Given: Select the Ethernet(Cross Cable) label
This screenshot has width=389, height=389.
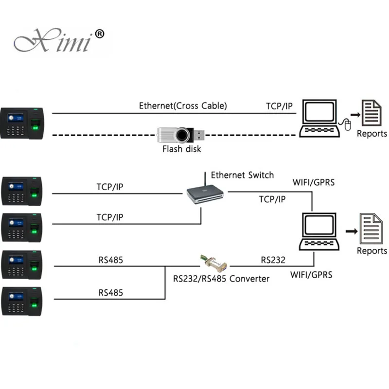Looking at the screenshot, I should click(183, 106).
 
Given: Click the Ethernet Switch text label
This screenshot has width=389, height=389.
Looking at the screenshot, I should click(242, 175).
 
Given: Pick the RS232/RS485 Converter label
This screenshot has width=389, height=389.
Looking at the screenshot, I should click(221, 279).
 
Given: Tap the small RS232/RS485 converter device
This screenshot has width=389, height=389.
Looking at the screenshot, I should click(214, 263).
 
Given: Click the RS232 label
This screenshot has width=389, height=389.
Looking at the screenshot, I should click(273, 260).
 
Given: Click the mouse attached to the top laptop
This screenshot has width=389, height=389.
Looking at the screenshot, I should click(347, 126).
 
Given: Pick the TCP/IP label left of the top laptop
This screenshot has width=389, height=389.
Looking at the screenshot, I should click(279, 106).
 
